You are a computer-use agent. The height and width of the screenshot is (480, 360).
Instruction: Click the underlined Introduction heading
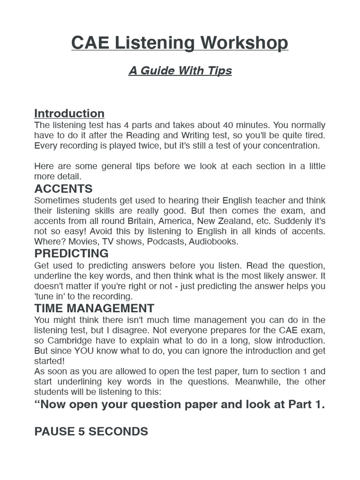point(69,113)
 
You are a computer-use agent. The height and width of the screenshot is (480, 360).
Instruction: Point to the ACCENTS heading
point(63,189)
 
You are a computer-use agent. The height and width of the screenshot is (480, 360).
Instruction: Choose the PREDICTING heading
point(71,254)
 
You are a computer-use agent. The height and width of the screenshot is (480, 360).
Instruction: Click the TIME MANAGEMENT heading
point(94,308)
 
